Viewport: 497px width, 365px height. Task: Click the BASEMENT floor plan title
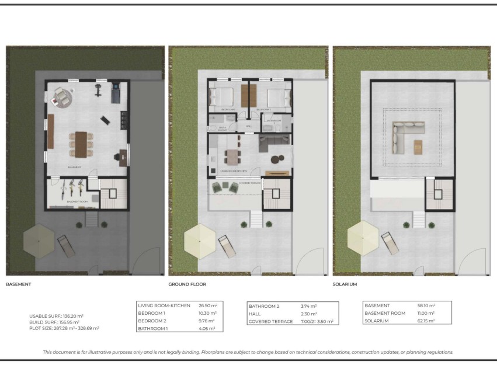18,284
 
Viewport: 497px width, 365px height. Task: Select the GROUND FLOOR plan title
187,284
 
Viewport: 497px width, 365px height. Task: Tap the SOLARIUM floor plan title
345,284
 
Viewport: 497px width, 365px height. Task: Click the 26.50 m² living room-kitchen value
207,305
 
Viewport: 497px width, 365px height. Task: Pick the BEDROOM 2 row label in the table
152,321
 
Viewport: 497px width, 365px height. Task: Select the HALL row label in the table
255,314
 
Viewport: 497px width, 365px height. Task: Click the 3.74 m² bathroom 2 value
310,306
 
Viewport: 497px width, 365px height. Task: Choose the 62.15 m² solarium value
426,321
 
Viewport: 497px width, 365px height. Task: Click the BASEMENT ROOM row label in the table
385,314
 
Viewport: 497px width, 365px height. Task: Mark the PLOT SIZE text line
64,328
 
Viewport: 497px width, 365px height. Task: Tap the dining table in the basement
81,144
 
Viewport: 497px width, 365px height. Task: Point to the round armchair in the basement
60,98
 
